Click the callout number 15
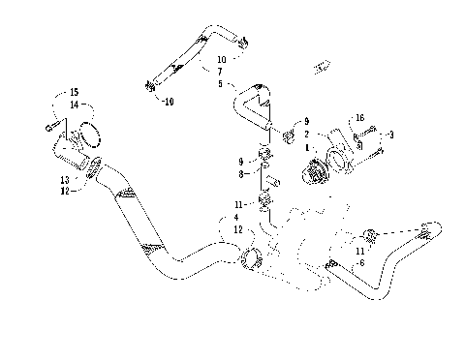75,93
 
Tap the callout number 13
65,180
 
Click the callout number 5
221,83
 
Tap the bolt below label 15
50,126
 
